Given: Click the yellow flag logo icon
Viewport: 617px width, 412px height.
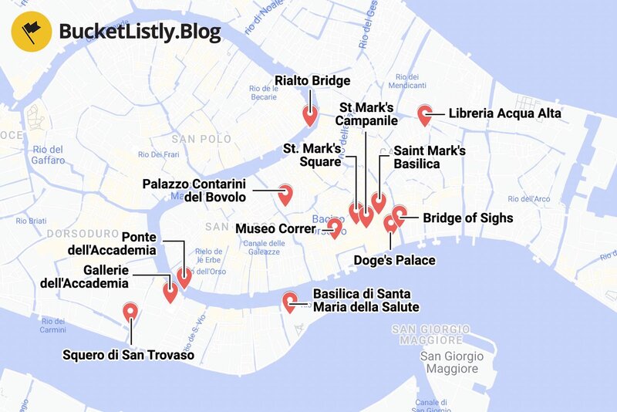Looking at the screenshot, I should [x=31, y=31].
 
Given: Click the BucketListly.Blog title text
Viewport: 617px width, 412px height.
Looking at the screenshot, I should [x=140, y=32].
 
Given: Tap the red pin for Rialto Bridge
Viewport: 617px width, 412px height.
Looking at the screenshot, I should [x=309, y=116].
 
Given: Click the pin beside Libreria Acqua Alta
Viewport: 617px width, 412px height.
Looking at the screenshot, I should [x=424, y=115].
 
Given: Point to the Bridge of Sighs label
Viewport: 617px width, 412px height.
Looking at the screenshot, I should [x=467, y=218].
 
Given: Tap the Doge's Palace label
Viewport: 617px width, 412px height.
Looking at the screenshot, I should [x=394, y=260].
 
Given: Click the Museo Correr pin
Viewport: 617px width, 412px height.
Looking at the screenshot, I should [x=335, y=228].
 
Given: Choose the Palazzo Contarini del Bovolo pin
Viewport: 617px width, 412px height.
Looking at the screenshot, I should [x=285, y=193].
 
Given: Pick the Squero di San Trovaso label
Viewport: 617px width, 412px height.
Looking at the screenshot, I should [x=128, y=355].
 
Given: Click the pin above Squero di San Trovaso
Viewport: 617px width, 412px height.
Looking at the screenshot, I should [x=130, y=312].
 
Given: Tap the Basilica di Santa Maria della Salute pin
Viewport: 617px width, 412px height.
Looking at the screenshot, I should [x=290, y=302].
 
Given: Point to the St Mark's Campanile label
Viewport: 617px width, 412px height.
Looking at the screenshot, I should [x=366, y=113].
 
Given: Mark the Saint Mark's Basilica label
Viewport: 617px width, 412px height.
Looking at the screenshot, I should [x=429, y=157].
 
